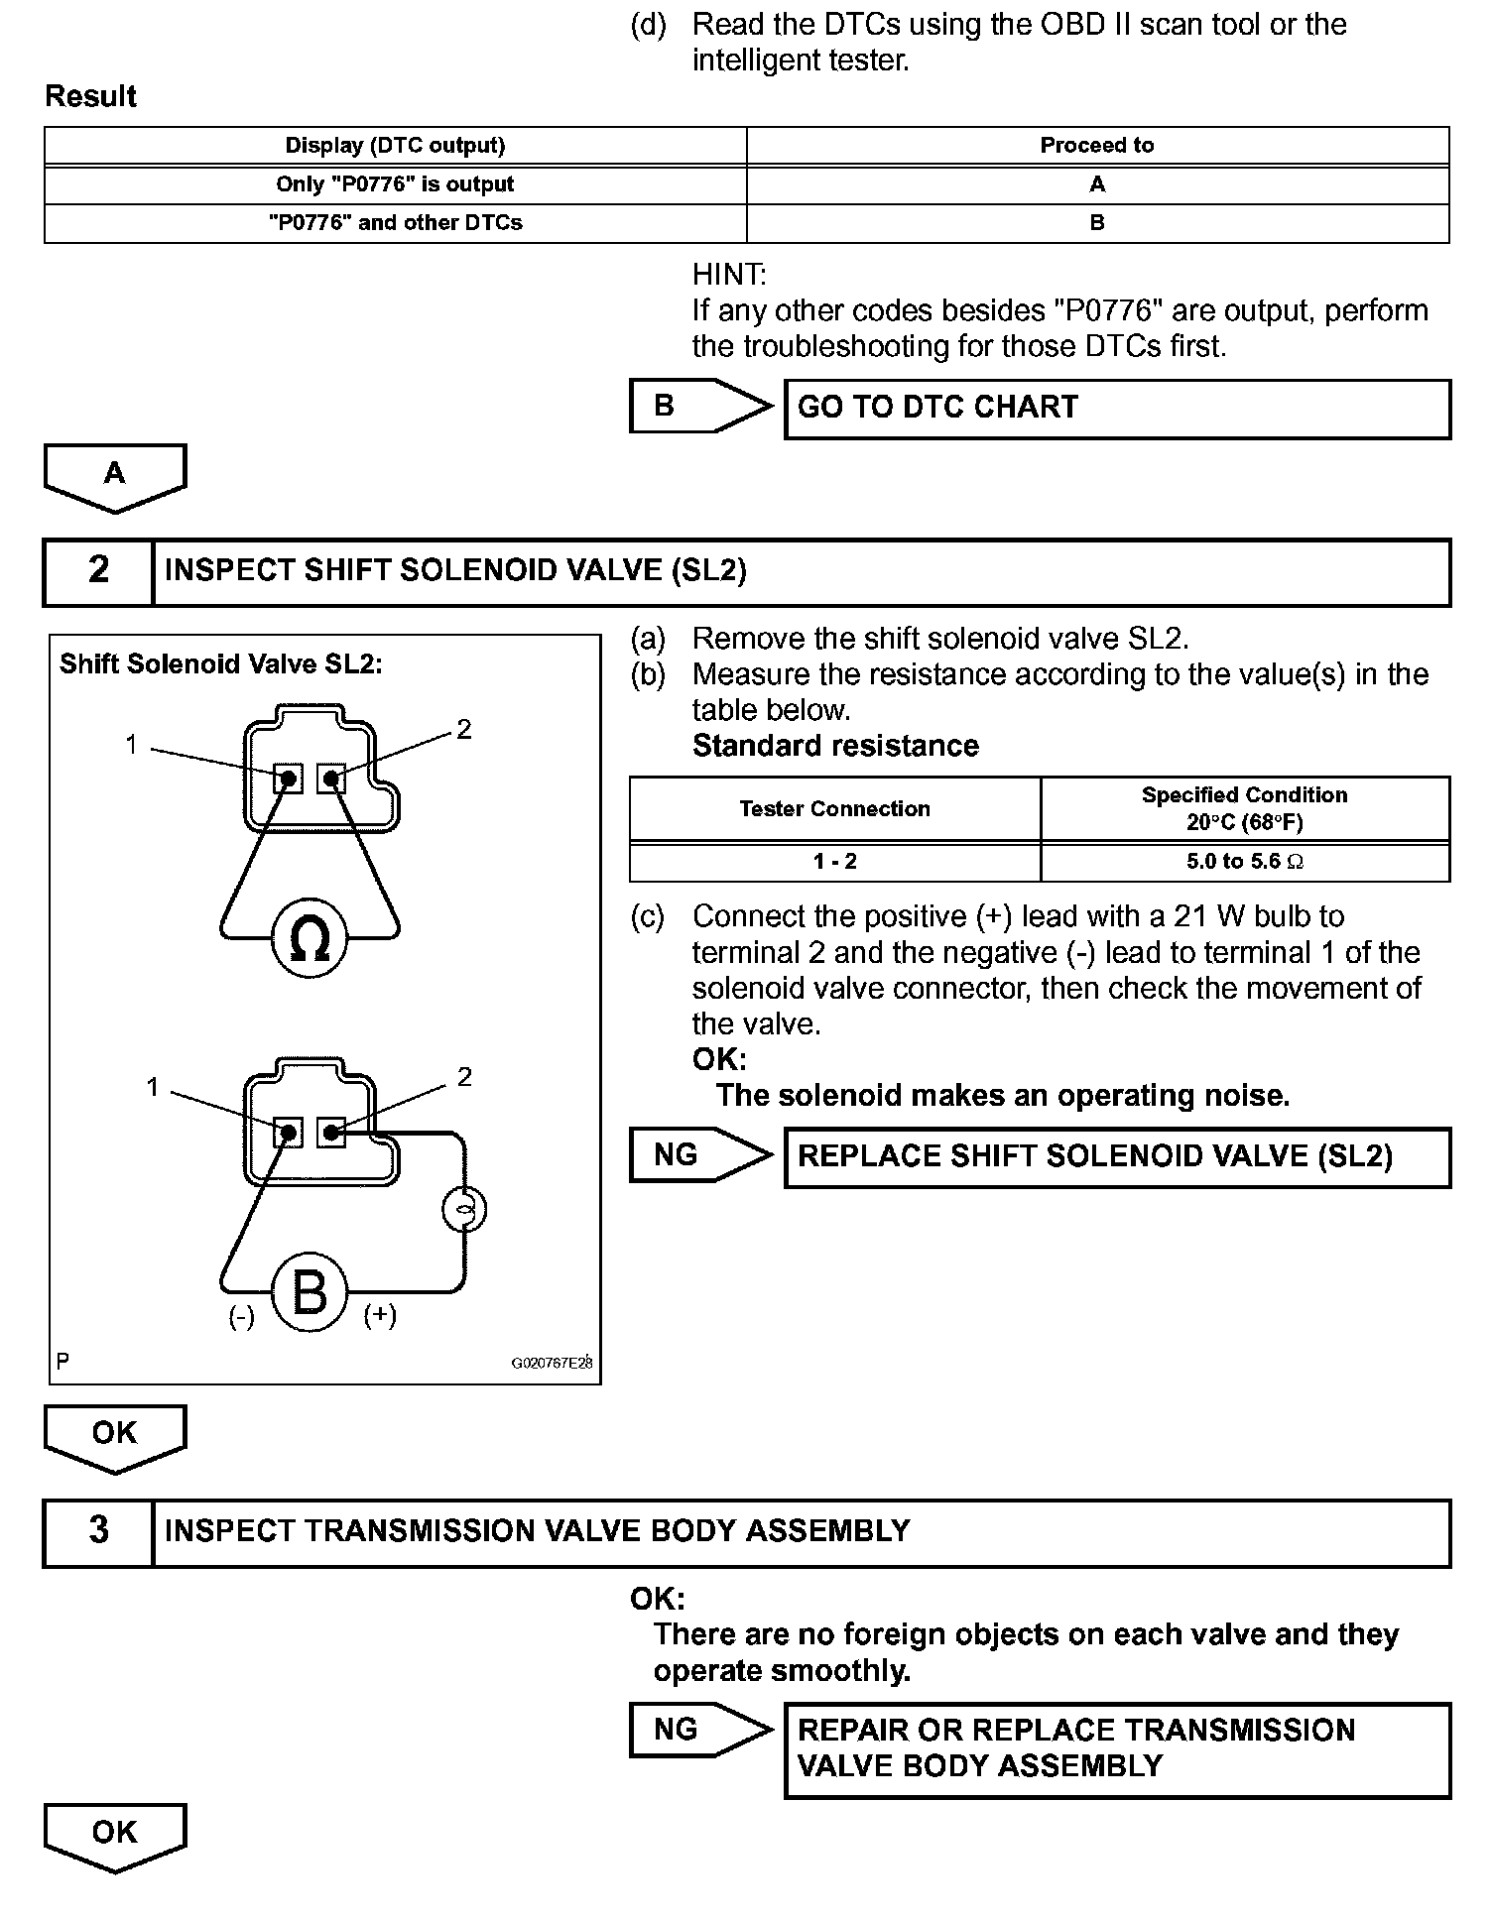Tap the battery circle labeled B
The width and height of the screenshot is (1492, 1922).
pos(310,1292)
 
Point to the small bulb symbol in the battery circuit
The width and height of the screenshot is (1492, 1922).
pos(463,1209)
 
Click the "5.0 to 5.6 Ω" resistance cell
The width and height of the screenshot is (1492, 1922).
pos(1244,862)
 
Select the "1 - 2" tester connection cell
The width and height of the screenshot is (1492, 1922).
pos(834,862)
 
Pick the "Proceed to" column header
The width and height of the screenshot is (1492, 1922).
pos(1096,146)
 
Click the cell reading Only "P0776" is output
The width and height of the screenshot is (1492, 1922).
pos(395,184)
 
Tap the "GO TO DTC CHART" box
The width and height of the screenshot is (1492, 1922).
pos(1116,409)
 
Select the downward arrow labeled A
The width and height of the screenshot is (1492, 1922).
pos(115,476)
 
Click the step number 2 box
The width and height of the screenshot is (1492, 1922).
pos(98,571)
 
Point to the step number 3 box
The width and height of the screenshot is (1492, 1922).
pos(98,1531)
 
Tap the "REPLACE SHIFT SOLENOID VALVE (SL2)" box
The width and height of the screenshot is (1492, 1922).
pos(1116,1157)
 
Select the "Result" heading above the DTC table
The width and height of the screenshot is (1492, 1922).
pos(91,96)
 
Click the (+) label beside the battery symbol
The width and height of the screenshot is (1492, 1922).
pos(380,1315)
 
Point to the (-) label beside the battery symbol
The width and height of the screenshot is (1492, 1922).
pos(242,1317)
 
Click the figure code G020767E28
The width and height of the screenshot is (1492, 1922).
pos(552,1363)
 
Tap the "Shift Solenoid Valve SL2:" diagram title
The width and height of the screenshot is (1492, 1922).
pos(220,663)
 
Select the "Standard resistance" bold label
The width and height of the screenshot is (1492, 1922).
pos(835,746)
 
